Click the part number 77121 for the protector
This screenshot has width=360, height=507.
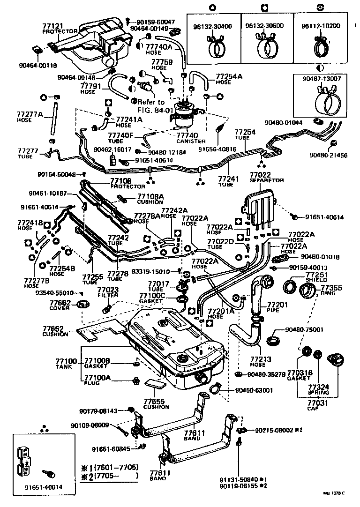pos(52,26)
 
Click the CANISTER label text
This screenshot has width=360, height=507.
pos(191,141)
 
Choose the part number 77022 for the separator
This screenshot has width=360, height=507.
pos(261,174)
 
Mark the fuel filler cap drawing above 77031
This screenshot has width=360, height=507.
pos(337,358)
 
